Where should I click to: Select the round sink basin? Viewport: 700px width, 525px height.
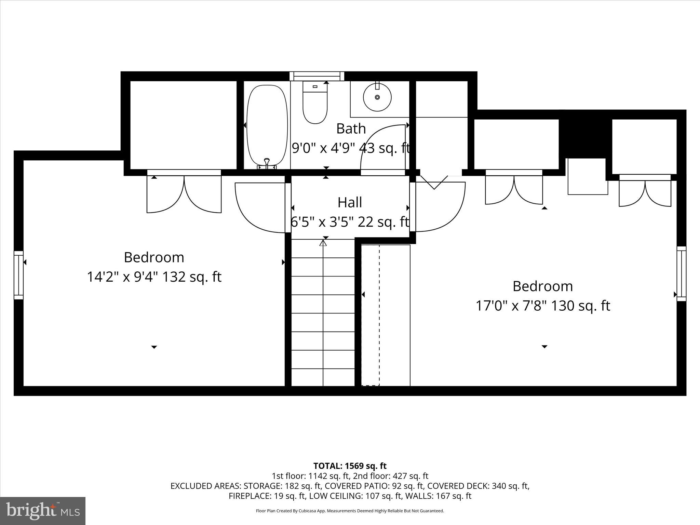377,97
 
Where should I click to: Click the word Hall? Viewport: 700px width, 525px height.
350,202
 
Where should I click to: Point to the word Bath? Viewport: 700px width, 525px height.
351,129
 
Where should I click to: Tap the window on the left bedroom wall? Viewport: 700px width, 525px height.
18,275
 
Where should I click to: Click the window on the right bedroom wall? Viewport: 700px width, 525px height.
681,273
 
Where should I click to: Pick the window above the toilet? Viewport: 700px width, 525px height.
317,76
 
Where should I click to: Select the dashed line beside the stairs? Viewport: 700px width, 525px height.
379,314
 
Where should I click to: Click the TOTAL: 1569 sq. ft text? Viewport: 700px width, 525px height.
350,466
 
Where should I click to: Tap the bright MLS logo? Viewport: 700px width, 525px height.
43,511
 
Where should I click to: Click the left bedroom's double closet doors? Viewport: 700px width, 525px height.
184,193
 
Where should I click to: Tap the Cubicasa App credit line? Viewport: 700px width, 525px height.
350,511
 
